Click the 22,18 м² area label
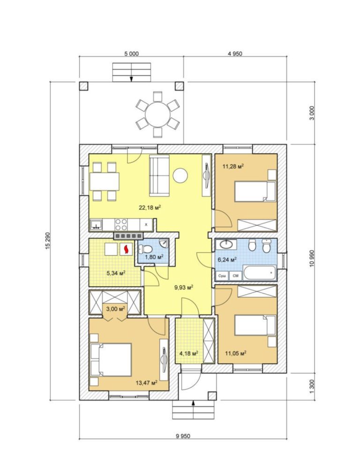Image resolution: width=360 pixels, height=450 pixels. (x=150, y=207)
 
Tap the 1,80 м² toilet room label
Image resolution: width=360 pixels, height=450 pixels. (x=154, y=256)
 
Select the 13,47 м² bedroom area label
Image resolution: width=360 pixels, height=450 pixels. (x=146, y=382)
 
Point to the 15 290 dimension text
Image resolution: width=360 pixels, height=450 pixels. (x=48, y=240)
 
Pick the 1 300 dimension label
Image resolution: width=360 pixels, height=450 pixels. (x=312, y=387)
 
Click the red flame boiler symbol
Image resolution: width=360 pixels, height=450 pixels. (x=126, y=249)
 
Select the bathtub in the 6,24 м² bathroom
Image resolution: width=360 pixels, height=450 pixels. (x=260, y=273)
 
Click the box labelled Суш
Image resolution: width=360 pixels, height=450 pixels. (x=222, y=276)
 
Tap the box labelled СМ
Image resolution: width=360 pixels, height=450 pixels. (x=236, y=276)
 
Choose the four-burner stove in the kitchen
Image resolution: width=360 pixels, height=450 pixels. (x=121, y=225)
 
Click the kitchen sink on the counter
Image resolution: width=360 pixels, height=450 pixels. (x=97, y=225)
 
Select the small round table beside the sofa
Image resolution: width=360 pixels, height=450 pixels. (x=180, y=175)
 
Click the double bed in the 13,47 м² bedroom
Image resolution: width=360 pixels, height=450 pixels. (x=111, y=360)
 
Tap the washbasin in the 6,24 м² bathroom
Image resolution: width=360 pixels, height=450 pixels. (x=226, y=245)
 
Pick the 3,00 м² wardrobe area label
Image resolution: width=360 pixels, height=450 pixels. (x=116, y=309)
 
